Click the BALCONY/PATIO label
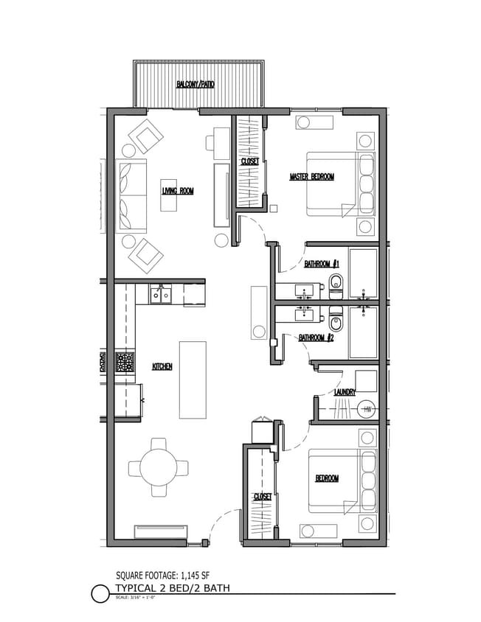[196, 85]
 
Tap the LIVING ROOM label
[178, 191]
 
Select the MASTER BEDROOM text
[312, 177]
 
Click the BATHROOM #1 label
[321, 263]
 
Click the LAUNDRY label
[345, 392]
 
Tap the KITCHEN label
[162, 366]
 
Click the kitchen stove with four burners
[124, 363]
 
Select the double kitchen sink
[160, 295]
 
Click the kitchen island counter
[193, 379]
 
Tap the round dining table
[158, 467]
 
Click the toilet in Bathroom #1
[336, 282]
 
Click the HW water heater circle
[367, 409]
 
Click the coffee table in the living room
[170, 195]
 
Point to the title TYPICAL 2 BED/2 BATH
[173, 587]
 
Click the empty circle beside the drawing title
[100, 593]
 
